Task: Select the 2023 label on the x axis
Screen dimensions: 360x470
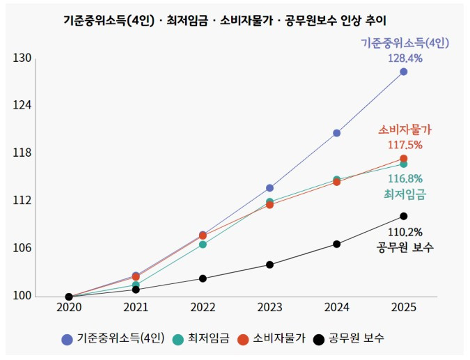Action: coord(269,307)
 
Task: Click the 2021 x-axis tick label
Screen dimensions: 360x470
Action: coord(136,307)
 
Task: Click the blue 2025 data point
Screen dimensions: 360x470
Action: coord(404,72)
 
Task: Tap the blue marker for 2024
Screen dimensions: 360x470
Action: coord(337,133)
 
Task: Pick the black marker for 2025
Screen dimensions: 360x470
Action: coord(404,216)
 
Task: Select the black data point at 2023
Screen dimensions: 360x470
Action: coord(270,265)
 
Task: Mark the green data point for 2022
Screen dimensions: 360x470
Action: coord(203,244)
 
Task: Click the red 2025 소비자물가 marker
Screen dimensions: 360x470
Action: coord(404,159)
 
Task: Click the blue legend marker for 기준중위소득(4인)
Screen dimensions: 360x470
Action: coord(67,339)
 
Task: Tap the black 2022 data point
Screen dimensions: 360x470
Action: coord(203,279)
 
